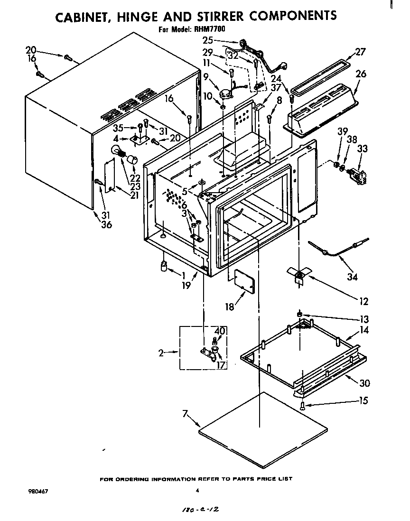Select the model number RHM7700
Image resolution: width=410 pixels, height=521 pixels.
click(209, 29)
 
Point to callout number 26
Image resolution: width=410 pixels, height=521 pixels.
click(361, 74)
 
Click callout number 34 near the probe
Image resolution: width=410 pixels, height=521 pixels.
click(352, 276)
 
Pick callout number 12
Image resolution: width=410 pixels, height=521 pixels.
click(363, 301)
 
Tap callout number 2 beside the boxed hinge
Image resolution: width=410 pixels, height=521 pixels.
click(161, 353)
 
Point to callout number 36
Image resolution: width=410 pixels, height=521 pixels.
click(106, 224)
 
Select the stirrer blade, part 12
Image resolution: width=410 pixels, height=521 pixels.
click(298, 274)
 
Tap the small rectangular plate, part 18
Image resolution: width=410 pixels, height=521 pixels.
click(242, 284)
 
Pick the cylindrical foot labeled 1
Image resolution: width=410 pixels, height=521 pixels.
click(165, 267)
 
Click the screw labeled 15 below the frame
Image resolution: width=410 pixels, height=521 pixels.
click(302, 405)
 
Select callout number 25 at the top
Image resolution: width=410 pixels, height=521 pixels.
click(208, 41)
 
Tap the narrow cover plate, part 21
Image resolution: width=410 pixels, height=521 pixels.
click(110, 176)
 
